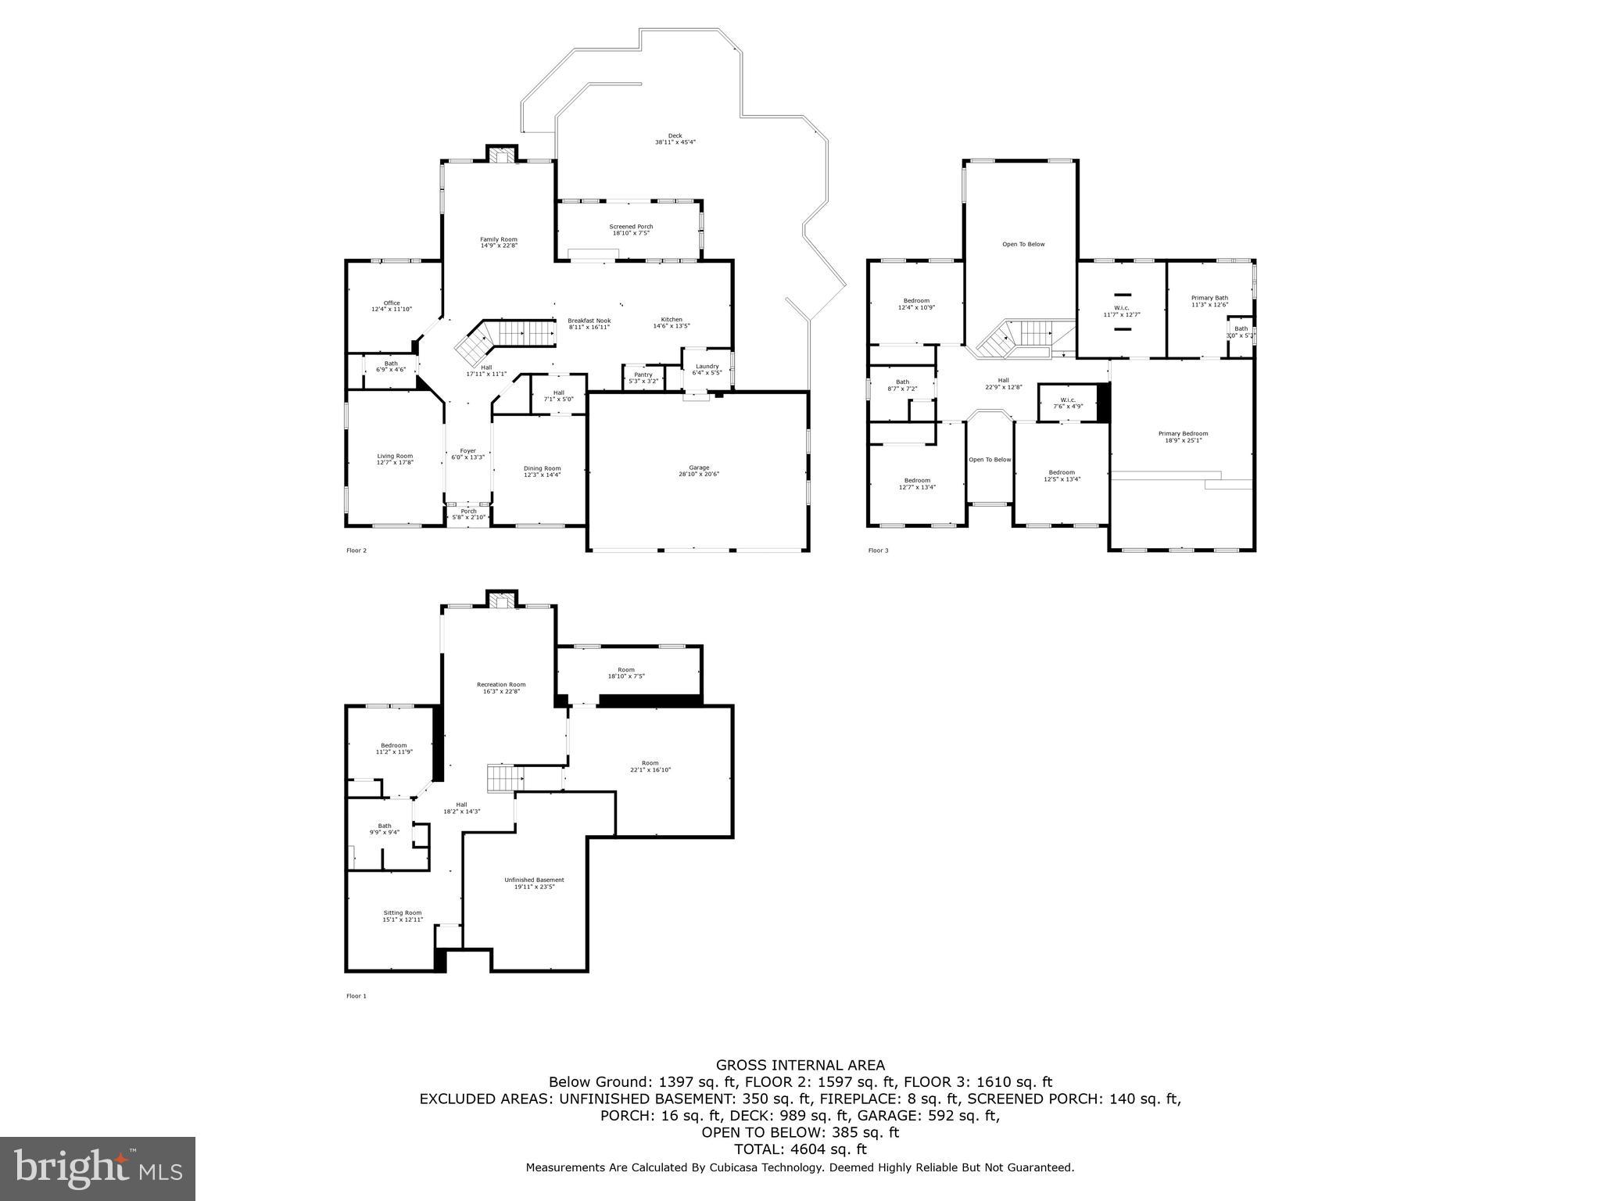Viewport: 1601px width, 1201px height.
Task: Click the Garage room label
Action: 699,468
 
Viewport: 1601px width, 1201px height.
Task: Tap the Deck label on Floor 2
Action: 675,136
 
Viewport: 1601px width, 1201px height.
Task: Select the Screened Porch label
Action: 631,227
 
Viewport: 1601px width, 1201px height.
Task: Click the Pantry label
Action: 643,375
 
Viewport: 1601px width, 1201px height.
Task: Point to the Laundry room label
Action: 707,366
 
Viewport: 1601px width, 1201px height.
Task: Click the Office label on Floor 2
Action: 392,303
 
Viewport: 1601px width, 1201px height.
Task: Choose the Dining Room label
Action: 542,468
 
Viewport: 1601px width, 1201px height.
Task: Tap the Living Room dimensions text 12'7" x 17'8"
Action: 395,463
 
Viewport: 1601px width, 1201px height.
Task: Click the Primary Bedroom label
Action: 1183,434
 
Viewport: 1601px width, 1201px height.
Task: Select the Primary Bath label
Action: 1209,298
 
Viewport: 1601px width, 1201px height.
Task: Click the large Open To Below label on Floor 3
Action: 1023,245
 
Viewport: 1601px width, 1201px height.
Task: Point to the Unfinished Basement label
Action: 534,880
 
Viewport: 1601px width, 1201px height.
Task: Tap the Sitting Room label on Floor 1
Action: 403,912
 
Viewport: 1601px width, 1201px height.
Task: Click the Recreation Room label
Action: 501,685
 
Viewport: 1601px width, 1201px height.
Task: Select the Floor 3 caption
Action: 878,550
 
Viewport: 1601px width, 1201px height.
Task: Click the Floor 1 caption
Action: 356,996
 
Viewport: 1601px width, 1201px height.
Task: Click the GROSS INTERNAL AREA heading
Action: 800,1065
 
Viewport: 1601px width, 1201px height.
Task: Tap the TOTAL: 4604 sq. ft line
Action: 800,1149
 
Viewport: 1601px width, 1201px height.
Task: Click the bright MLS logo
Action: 98,1168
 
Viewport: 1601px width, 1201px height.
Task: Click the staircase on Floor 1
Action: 503,779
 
